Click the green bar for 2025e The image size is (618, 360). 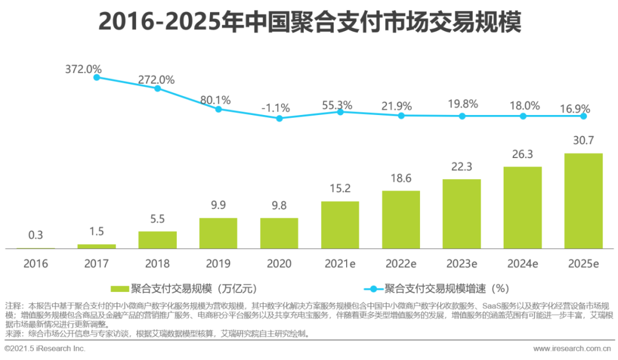[583, 201]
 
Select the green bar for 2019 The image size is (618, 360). [218, 233]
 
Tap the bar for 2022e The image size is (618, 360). [401, 219]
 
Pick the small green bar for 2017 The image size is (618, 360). [97, 246]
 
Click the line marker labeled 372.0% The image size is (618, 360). [97, 77]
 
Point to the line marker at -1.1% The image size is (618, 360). [279, 118]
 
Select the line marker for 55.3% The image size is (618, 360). [340, 112]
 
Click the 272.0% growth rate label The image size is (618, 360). [156, 80]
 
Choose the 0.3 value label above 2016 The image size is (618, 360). [35, 236]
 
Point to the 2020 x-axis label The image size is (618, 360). [279, 264]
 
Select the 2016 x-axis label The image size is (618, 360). [35, 264]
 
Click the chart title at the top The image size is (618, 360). [309, 22]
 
